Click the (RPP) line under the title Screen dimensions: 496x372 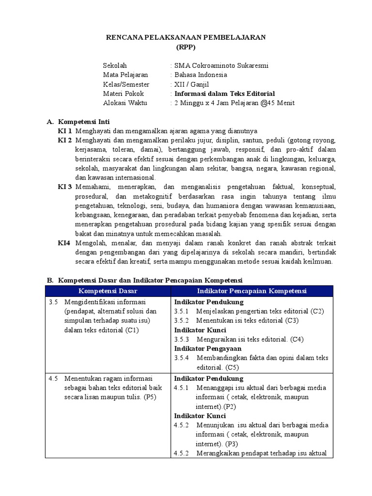(x=186, y=47)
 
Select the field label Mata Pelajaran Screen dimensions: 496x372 (x=125, y=75)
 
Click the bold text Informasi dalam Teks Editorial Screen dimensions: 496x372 (x=224, y=93)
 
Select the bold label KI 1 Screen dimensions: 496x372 (x=65, y=131)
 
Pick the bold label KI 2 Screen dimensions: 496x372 (x=65, y=140)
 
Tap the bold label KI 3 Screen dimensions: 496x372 (x=65, y=187)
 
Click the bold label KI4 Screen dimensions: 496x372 (x=64, y=243)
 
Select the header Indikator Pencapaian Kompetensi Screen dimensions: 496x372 (x=251, y=291)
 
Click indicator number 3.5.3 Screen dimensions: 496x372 (x=182, y=340)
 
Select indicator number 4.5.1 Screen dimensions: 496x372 (x=182, y=388)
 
